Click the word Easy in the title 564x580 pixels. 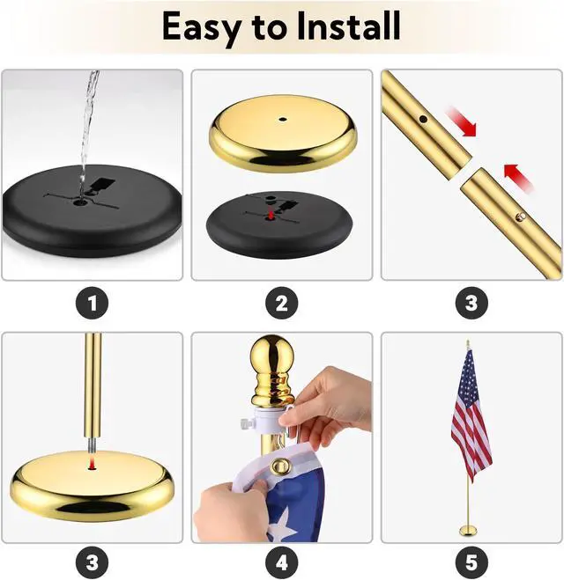(x=200, y=26)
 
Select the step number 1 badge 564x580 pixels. (x=93, y=303)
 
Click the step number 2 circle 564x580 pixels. (x=282, y=303)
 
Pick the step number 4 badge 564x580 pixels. (x=282, y=562)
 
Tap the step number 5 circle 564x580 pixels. (x=471, y=562)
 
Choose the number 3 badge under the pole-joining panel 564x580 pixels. (x=471, y=303)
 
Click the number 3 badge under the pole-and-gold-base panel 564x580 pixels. (x=93, y=562)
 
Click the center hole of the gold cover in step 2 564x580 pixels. (x=283, y=120)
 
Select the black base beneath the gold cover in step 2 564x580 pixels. (x=279, y=224)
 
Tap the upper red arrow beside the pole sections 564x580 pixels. (x=461, y=121)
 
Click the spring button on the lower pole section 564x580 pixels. (x=522, y=216)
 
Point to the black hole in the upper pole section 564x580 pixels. (x=423, y=119)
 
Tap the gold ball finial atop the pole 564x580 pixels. (x=272, y=353)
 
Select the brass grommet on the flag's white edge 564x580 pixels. (x=278, y=466)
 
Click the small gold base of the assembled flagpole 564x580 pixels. (x=468, y=531)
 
